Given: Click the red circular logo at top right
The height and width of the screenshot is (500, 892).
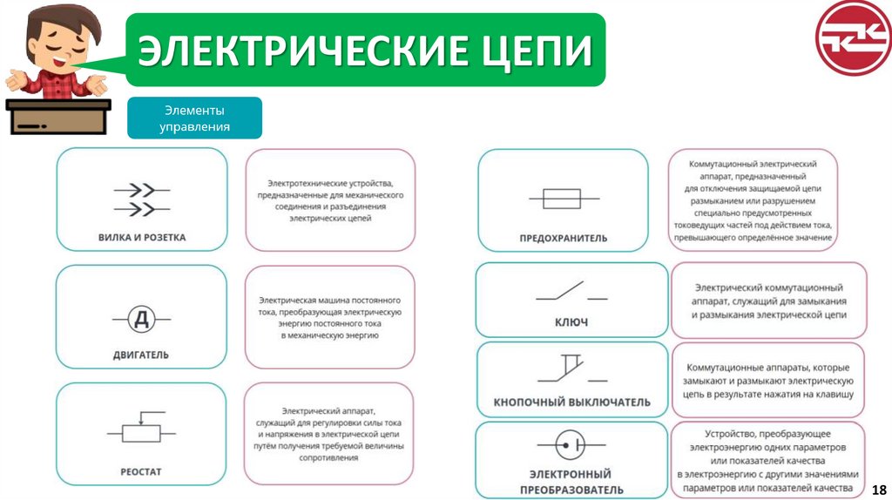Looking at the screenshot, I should point(853,37).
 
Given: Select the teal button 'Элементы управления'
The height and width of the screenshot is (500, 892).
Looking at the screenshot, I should point(194,118).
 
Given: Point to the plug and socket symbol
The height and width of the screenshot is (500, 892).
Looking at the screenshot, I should point(142,199).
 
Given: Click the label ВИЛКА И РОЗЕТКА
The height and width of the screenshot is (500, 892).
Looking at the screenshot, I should point(142,237).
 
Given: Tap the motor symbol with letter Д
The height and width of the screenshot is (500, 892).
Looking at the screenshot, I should point(141,320).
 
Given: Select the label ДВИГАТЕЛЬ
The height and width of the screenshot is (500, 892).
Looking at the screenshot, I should point(141,355).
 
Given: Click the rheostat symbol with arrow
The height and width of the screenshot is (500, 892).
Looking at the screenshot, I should point(141,430).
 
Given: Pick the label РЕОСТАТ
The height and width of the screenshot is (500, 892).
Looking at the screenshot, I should point(141,472).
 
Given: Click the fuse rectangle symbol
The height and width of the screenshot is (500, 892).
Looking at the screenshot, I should point(563,199).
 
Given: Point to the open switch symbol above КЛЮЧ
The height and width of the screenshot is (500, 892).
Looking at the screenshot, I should point(571,292).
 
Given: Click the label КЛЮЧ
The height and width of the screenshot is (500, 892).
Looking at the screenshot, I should point(571,322).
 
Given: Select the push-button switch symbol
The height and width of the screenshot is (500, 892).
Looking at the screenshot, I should point(571,371).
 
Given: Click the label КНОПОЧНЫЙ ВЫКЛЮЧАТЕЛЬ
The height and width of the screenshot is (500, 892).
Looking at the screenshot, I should point(572,402).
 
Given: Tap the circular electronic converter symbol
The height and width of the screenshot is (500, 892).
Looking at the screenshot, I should point(571,445).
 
